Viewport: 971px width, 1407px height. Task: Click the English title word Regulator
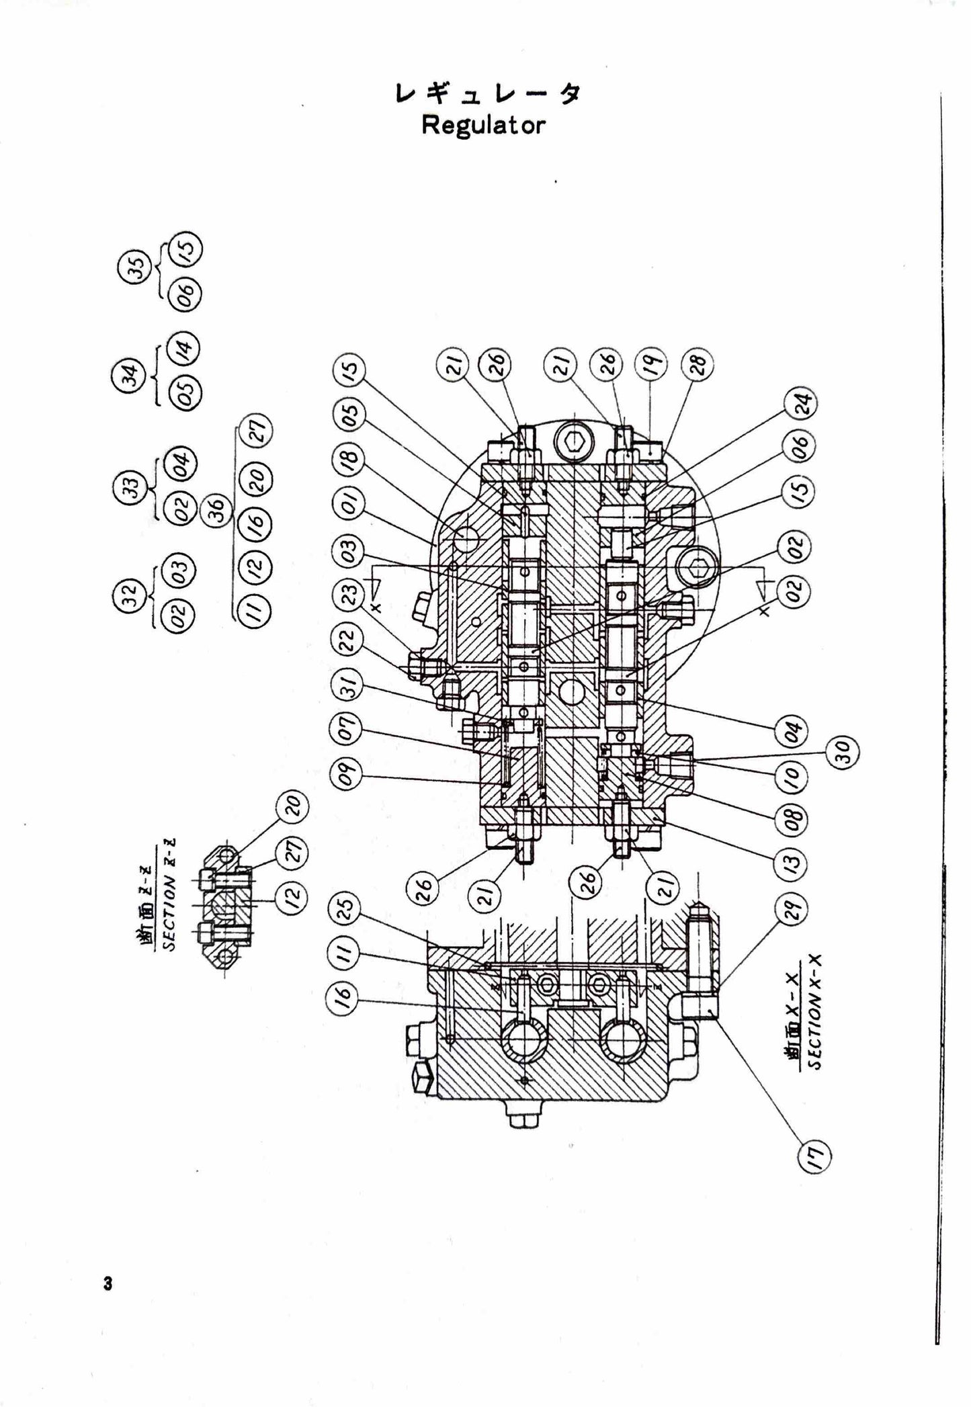[483, 126]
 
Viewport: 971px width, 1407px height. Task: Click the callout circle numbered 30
[843, 753]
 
